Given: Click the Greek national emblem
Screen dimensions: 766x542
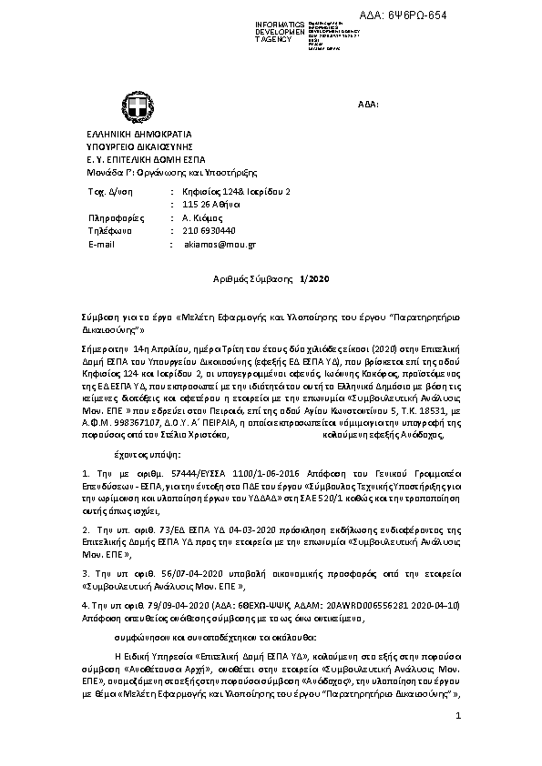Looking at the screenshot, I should (x=122, y=106).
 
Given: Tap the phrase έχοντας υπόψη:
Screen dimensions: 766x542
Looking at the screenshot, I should (x=148, y=453).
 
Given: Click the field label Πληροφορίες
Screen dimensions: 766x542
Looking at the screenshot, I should (x=114, y=218).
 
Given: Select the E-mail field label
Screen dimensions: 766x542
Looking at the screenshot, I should (x=101, y=245).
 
